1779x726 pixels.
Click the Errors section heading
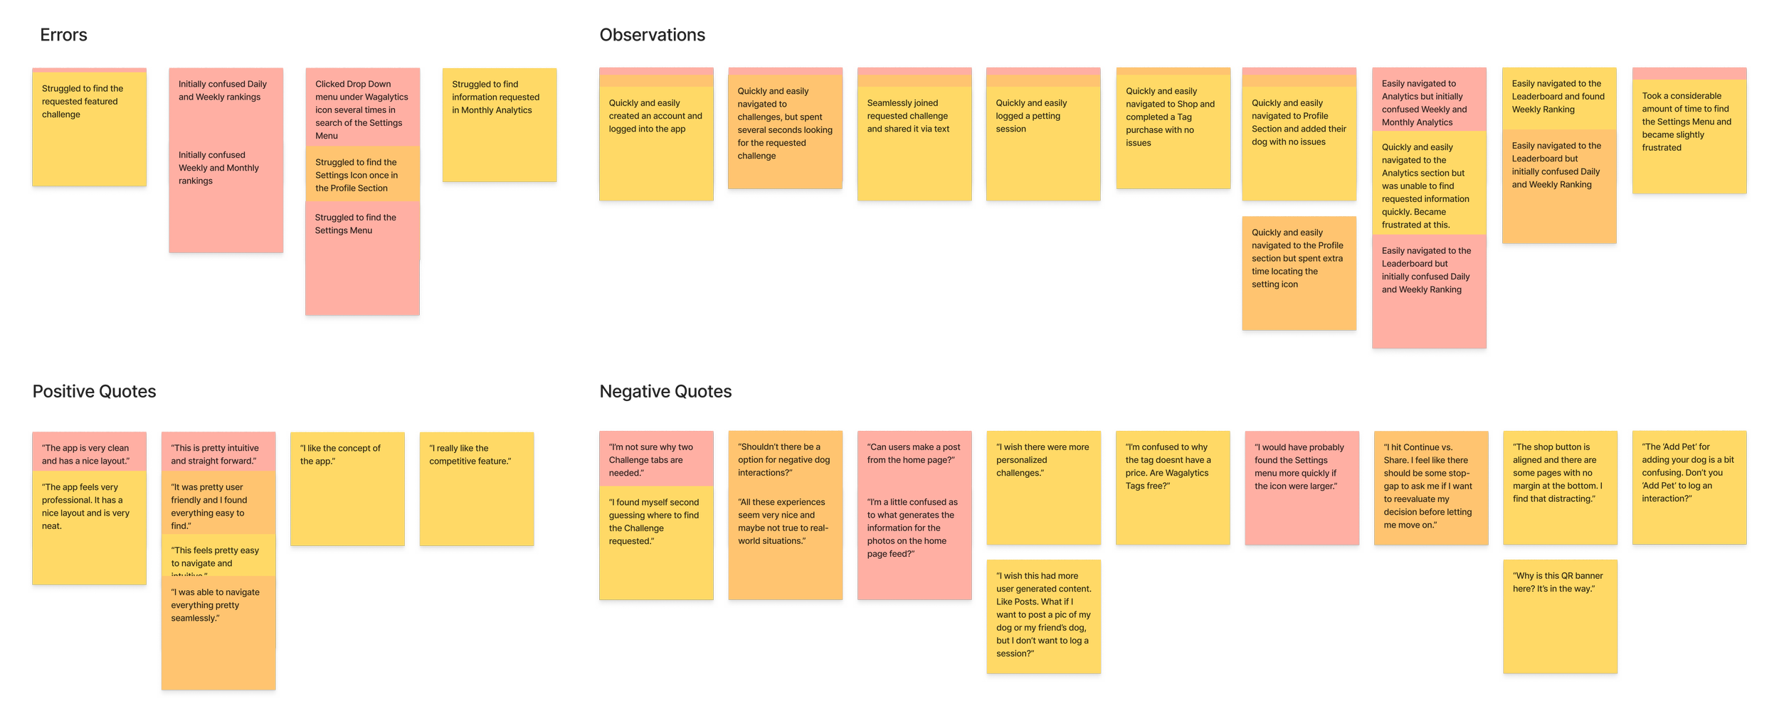pyautogui.click(x=63, y=35)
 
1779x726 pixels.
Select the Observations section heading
pyautogui.click(x=652, y=35)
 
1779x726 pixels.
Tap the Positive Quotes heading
pyautogui.click(x=94, y=391)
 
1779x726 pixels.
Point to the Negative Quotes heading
pyautogui.click(x=665, y=391)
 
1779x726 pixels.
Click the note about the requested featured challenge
pyautogui.click(x=89, y=128)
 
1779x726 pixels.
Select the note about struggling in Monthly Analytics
pyautogui.click(x=499, y=125)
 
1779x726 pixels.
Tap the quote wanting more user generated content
pyautogui.click(x=1043, y=616)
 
